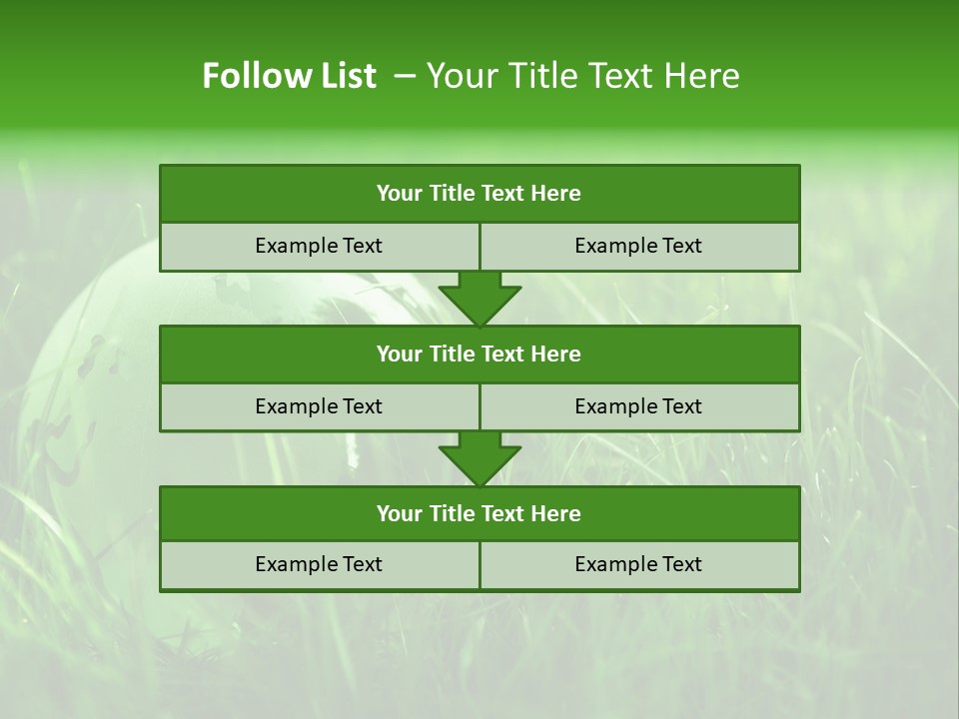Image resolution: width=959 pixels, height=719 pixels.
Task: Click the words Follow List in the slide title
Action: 289,76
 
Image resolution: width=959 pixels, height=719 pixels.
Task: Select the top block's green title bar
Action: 479,194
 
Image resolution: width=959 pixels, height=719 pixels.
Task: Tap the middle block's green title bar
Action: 479,354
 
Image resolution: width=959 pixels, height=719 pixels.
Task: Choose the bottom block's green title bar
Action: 479,513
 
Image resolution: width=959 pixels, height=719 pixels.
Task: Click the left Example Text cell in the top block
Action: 319,246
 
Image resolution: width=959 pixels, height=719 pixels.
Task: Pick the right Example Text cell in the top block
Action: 638,246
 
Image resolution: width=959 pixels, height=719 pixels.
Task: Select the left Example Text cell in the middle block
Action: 319,406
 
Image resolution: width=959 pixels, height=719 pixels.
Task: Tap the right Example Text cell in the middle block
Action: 638,406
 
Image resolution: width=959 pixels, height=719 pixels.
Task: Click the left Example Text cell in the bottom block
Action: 319,564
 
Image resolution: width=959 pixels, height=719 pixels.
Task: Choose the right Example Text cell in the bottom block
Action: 638,564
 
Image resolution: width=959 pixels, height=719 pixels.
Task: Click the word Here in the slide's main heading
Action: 705,76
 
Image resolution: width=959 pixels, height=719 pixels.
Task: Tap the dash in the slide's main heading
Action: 405,76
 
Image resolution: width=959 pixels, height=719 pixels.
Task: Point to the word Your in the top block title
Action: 400,194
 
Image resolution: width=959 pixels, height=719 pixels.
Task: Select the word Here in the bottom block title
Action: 555,513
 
